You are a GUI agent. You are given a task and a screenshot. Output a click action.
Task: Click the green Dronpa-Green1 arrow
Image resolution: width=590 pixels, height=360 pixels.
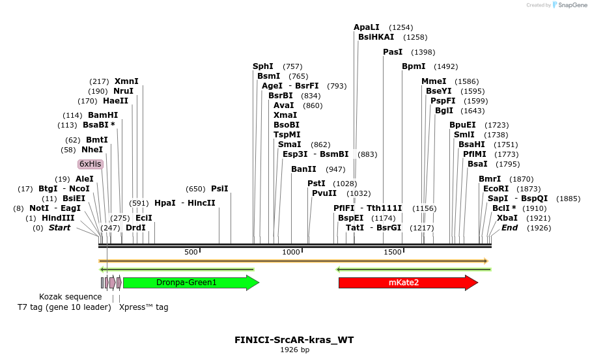coord(191,283)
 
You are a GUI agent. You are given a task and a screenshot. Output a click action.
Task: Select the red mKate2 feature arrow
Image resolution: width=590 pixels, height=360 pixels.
coord(408,283)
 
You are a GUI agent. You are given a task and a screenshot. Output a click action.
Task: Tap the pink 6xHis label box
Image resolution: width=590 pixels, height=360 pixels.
coord(91,164)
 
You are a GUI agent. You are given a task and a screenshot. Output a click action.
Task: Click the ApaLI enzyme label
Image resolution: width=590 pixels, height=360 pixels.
coord(367,27)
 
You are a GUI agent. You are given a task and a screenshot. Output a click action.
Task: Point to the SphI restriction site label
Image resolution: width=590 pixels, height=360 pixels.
coord(263,66)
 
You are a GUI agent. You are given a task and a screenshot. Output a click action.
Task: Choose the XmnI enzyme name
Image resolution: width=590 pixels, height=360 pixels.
coord(126,81)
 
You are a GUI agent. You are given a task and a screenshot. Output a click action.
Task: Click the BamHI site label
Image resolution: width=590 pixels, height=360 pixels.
coord(103,115)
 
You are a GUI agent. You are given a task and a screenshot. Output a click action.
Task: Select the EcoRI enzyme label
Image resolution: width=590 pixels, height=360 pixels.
coord(496,189)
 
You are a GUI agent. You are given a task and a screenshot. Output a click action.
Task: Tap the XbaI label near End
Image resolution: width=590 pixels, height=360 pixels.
coord(507,218)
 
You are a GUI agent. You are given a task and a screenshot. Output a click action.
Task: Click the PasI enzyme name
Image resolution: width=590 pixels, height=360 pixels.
coord(393,52)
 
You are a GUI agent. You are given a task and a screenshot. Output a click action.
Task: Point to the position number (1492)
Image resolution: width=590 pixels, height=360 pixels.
coord(446,66)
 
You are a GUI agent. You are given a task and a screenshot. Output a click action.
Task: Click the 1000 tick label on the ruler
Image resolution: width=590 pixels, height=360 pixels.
coord(291,252)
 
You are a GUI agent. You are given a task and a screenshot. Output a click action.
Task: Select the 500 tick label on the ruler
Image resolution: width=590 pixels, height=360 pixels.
coord(191,252)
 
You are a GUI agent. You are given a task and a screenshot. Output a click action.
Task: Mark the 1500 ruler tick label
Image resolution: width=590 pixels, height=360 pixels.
coord(393,252)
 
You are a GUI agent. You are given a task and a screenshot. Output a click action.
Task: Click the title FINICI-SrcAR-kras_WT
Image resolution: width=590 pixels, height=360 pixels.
coord(294,340)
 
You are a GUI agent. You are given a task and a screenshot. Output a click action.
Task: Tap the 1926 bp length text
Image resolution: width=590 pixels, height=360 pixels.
coord(294,350)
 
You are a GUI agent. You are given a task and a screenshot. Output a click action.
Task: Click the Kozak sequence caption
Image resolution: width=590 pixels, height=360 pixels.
coord(70,297)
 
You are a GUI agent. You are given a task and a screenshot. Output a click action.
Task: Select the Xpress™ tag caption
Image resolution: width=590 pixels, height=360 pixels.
coord(144,307)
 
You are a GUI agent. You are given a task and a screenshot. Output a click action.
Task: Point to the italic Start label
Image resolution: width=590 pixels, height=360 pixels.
coord(59,228)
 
